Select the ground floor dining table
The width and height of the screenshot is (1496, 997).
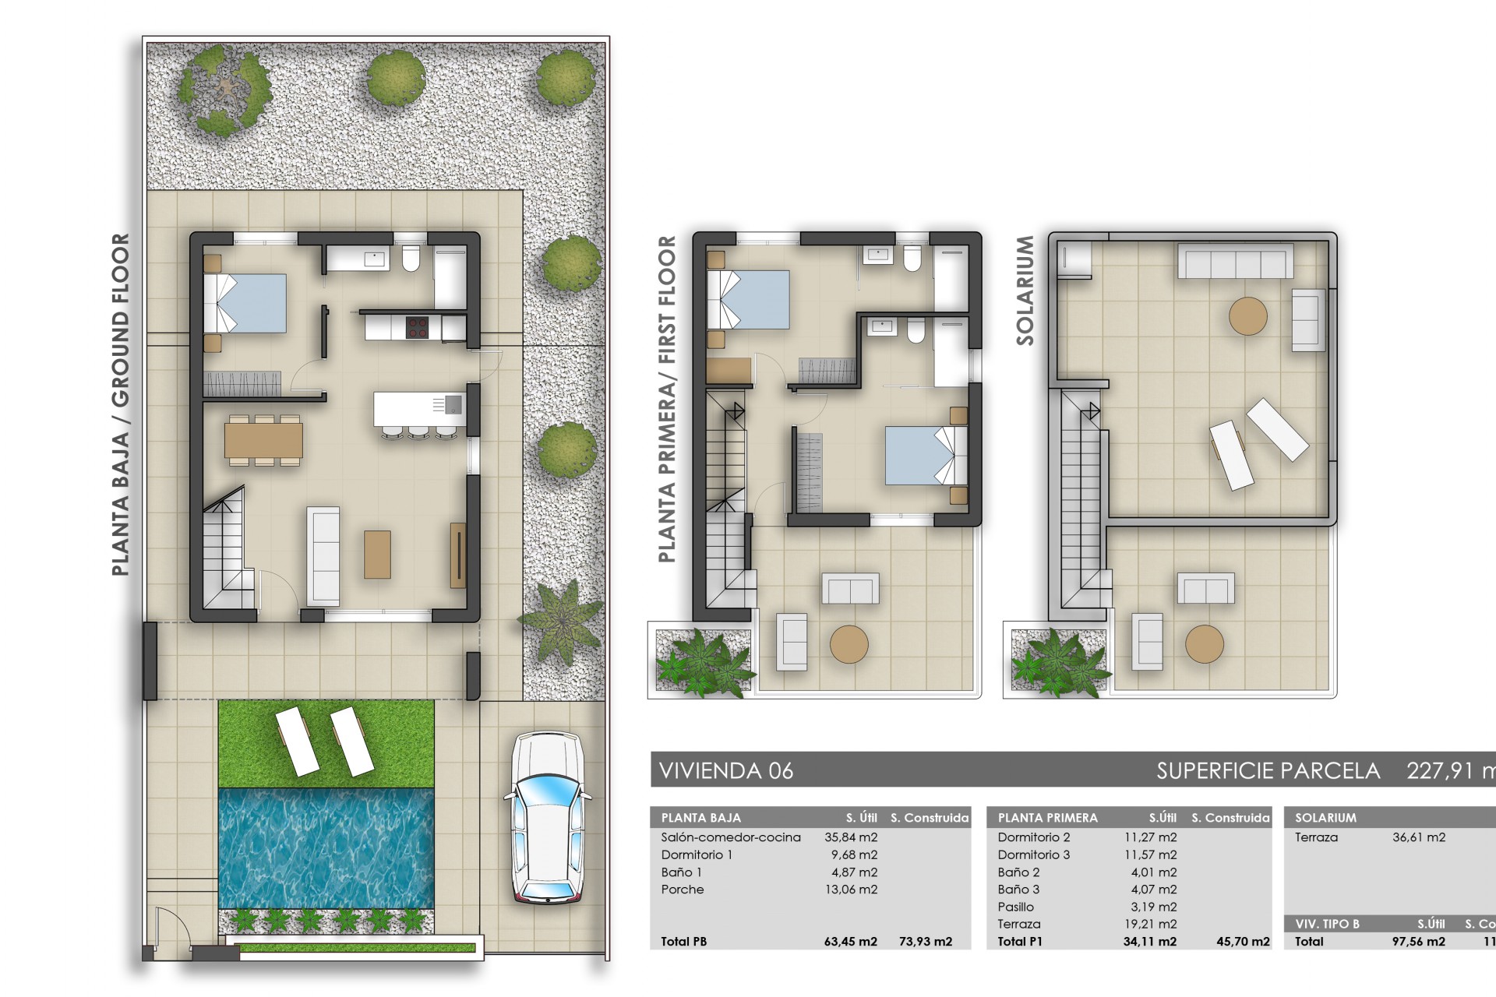[x=263, y=440]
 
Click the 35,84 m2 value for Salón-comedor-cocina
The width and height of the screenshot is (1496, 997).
[x=851, y=837]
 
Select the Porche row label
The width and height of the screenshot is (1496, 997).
[x=683, y=890]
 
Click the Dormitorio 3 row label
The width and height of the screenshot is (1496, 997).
[x=1034, y=854]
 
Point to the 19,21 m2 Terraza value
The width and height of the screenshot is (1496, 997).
[x=1153, y=924]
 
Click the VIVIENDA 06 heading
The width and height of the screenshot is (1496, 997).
[x=726, y=771]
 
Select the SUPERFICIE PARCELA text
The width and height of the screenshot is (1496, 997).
[x=1268, y=771]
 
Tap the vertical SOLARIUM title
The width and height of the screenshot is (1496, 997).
[x=1025, y=291]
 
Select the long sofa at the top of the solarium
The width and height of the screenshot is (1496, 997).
[x=1235, y=261]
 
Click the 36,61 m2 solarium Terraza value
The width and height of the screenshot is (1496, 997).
[x=1418, y=837]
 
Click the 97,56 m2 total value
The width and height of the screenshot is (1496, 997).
[x=1418, y=941]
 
